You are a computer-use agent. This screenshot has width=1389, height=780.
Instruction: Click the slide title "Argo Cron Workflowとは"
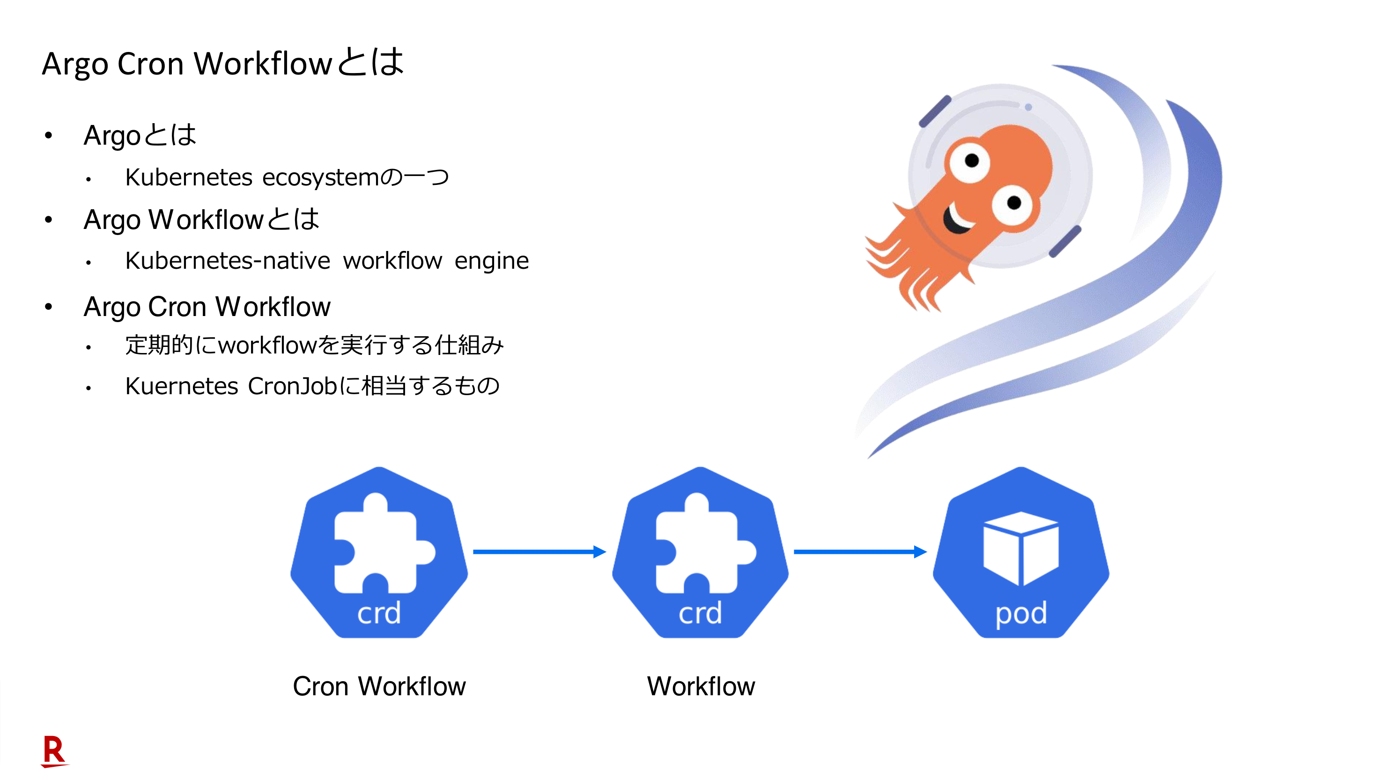223,64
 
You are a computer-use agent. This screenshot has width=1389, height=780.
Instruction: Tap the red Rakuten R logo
54,751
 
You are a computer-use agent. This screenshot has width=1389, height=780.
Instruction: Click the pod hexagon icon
1021,552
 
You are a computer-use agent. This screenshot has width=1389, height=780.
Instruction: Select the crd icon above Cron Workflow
379,552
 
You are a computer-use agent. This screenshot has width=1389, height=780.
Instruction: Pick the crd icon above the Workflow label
700,552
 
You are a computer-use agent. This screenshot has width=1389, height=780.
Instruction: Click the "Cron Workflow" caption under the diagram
379,686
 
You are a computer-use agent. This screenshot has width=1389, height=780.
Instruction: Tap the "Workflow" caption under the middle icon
701,686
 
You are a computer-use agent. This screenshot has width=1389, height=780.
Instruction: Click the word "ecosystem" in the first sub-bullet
321,177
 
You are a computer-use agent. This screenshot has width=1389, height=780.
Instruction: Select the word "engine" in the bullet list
492,261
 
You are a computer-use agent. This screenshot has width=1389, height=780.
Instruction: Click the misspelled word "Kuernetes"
182,386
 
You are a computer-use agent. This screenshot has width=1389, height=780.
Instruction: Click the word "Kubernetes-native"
228,261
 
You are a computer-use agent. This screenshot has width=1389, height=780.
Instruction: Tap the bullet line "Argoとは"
140,135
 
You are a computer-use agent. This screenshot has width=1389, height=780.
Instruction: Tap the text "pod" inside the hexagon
1021,613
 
